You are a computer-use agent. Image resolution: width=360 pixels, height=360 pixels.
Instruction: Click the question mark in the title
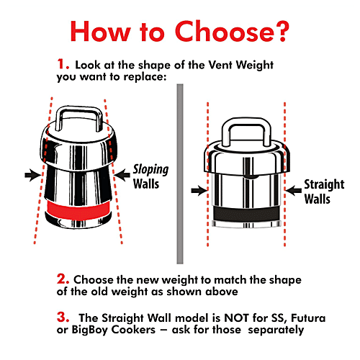click(x=279, y=32)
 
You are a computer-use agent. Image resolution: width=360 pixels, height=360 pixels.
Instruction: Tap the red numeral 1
click(x=62, y=64)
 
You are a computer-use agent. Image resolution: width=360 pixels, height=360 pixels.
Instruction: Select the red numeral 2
click(x=63, y=279)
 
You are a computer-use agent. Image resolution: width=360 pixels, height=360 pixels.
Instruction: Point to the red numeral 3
click(x=63, y=317)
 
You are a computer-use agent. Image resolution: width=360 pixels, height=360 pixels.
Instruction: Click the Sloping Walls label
click(x=150, y=177)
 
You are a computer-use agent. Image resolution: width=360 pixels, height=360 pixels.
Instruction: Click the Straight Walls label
click(x=324, y=192)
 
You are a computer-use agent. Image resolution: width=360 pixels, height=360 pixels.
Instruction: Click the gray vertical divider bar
click(x=180, y=174)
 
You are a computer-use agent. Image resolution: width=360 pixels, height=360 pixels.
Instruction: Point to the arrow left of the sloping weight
click(x=33, y=175)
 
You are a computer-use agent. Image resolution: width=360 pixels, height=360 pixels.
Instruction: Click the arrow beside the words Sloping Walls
click(x=122, y=175)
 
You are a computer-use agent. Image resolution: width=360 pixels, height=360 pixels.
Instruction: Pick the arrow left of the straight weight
click(x=199, y=191)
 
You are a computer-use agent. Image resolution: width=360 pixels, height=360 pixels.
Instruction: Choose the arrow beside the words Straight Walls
click(x=293, y=191)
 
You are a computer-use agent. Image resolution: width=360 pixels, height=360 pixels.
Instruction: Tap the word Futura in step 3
click(x=308, y=318)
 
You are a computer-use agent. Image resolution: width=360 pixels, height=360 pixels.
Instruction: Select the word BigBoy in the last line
click(x=89, y=330)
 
